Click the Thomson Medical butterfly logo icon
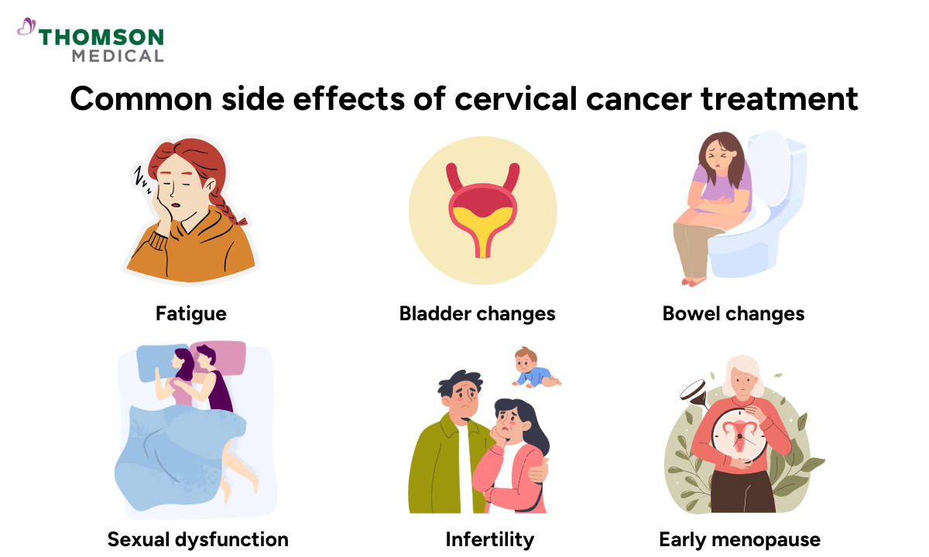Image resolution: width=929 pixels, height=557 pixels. (26, 27)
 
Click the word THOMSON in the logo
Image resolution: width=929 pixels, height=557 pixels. (101, 37)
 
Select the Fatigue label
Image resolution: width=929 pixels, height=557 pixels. (190, 313)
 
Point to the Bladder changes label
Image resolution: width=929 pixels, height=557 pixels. (477, 313)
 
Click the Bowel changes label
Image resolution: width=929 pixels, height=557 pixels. (733, 313)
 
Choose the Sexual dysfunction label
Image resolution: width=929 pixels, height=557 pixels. (197, 538)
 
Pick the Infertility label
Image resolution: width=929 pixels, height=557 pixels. (489, 538)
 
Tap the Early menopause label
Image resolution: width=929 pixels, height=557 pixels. (739, 538)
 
